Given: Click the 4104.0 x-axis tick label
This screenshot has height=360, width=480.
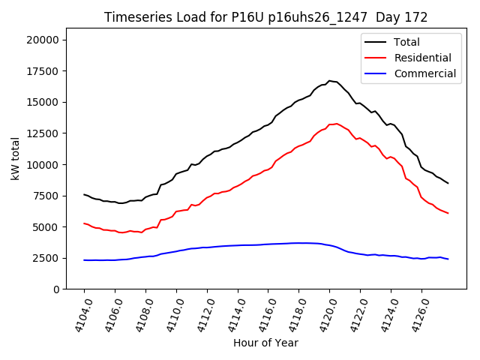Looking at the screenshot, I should click(77, 313).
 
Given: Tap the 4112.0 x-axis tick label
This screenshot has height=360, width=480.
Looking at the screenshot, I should click(200, 313).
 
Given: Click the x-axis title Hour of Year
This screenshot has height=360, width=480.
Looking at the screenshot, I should click(265, 343).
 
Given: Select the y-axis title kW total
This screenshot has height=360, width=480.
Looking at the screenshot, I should click(16, 159).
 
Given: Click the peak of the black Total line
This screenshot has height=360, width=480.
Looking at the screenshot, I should click(329, 80).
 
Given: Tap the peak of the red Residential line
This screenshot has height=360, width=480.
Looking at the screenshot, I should click(337, 123).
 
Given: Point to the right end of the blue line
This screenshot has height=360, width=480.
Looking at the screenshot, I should click(448, 259).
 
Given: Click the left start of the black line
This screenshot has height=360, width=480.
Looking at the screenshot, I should click(84, 194).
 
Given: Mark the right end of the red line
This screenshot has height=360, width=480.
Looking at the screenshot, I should click(448, 213).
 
